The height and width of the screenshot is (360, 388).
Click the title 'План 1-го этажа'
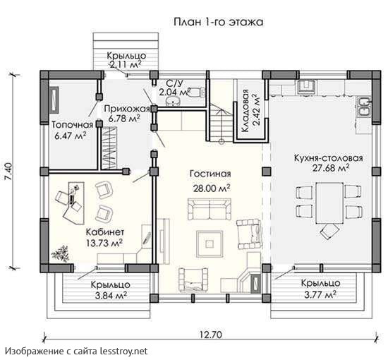coord(218,22)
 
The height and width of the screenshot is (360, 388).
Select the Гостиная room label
coord(210,174)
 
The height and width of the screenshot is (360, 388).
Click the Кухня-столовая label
coord(328,158)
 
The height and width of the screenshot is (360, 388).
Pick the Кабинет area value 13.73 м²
coord(104,243)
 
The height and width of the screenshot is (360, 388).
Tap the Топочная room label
coord(72,125)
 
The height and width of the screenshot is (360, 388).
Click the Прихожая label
coord(127,109)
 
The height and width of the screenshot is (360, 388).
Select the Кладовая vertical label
coord(245,111)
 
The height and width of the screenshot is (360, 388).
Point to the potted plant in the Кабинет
coord(60,253)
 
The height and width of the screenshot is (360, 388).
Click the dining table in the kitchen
coord(329,203)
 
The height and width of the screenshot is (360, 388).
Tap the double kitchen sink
coord(363,107)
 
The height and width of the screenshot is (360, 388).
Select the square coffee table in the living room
coord(210,244)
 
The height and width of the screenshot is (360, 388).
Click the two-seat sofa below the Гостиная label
coord(210,209)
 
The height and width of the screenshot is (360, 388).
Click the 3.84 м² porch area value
coord(111,295)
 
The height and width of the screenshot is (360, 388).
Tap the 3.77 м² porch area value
coord(320,294)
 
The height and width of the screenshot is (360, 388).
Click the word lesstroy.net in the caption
coord(123,351)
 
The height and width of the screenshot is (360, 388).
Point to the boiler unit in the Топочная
coord(54,100)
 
